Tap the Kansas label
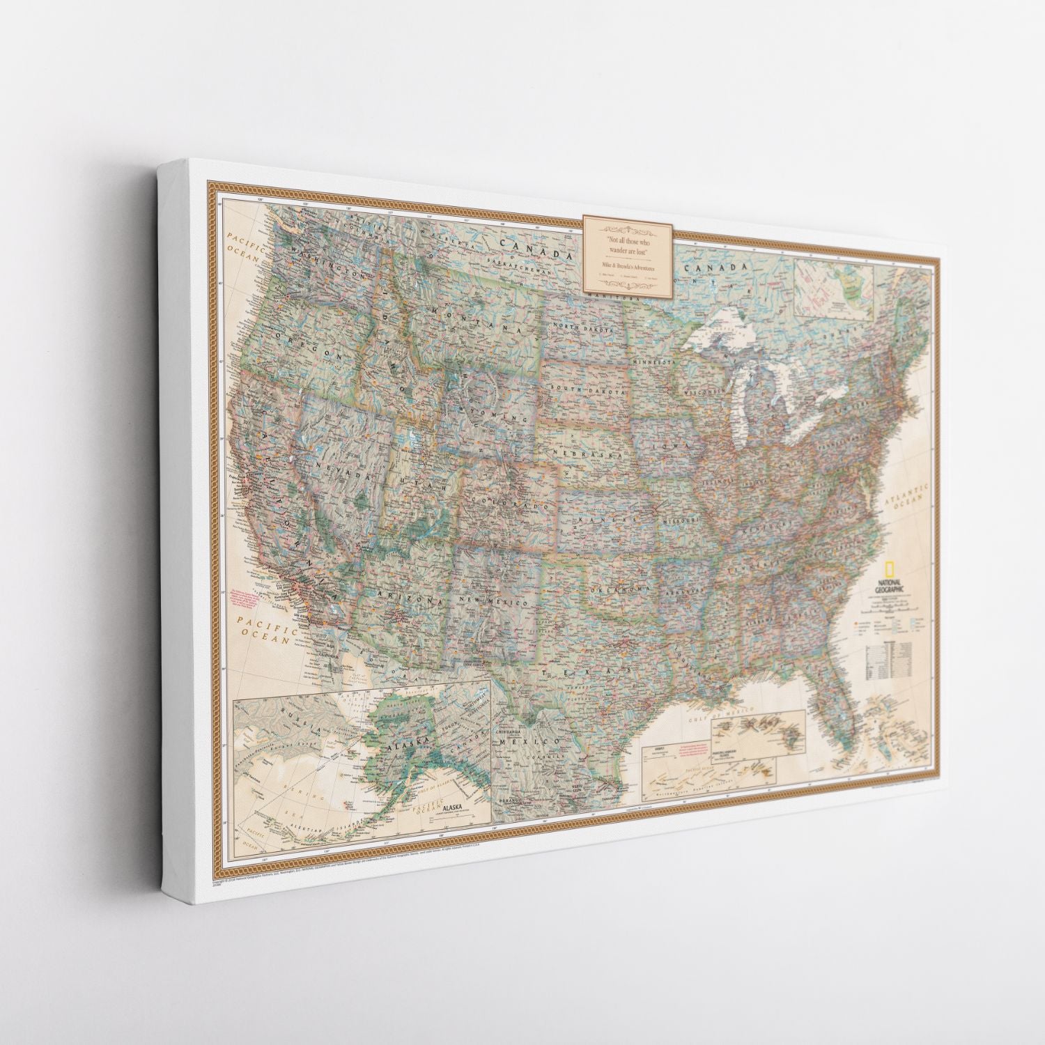click(607, 516)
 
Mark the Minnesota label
click(656, 363)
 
